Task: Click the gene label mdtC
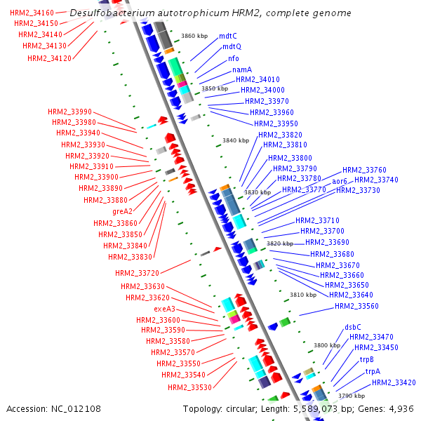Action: click(228, 36)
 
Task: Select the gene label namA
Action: click(243, 69)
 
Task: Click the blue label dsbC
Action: click(353, 327)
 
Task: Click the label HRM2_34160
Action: click(32, 13)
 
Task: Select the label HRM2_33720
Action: click(138, 272)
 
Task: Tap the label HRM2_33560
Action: click(356, 306)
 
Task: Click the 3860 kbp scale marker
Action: click(194, 35)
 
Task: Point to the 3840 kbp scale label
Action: click(236, 140)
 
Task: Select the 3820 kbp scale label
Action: click(280, 243)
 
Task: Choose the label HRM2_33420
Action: click(394, 382)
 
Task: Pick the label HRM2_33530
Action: click(189, 387)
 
